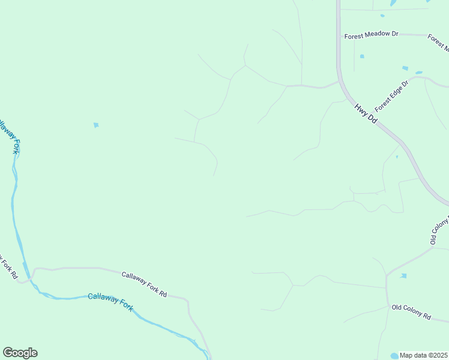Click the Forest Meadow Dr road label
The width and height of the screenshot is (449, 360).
point(371,35)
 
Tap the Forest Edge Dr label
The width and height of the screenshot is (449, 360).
point(391,96)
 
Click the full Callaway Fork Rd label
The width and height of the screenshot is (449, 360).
point(144,285)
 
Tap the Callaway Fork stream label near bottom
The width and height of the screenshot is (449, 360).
point(110,301)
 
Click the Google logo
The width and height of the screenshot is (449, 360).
point(20,353)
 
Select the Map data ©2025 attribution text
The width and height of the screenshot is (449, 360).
point(424,355)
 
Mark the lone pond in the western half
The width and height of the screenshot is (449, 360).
point(96,125)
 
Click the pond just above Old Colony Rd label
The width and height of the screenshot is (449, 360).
point(403,276)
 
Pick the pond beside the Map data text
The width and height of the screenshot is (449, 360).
point(394,356)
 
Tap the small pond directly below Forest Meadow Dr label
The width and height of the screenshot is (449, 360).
point(362,56)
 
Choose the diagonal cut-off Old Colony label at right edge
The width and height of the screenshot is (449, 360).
point(440,230)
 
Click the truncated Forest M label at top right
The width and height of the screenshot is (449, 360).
point(438,40)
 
